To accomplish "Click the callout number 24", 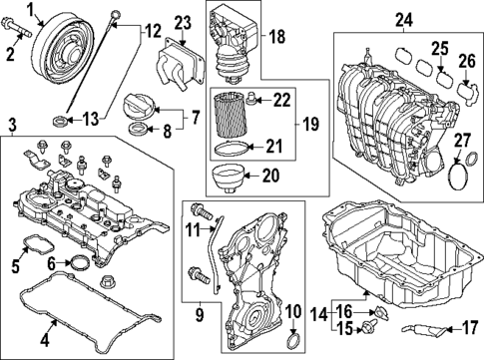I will (403, 19).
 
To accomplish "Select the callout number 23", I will (182, 23).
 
